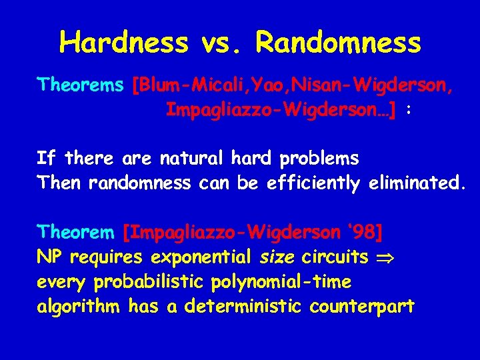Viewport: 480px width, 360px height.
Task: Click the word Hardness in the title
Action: pos(124,43)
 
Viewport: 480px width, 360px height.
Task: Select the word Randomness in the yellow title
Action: pos(339,43)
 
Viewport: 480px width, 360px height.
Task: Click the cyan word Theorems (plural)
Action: pos(81,85)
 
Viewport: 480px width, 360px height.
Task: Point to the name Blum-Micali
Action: pos(191,85)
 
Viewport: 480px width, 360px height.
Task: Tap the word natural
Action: pos(193,159)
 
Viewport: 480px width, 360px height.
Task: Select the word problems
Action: pos(319,159)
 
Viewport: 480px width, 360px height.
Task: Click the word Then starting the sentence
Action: pos(59,182)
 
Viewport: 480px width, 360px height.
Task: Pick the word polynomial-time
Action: pos(281,282)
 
